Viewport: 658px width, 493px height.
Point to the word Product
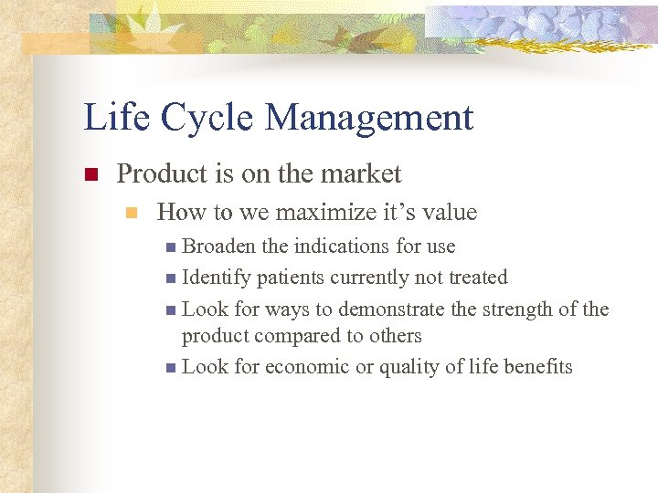point(159,173)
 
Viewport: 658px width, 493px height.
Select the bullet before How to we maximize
point(132,214)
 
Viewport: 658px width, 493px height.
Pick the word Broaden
point(219,246)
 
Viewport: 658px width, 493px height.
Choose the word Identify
point(217,277)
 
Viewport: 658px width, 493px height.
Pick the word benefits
point(536,367)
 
